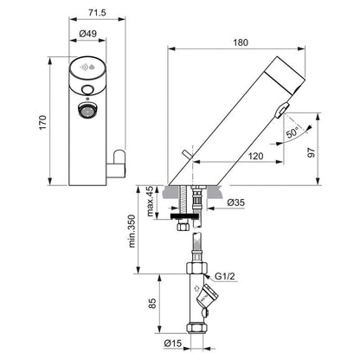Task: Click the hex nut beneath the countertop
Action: tap(183, 228)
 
